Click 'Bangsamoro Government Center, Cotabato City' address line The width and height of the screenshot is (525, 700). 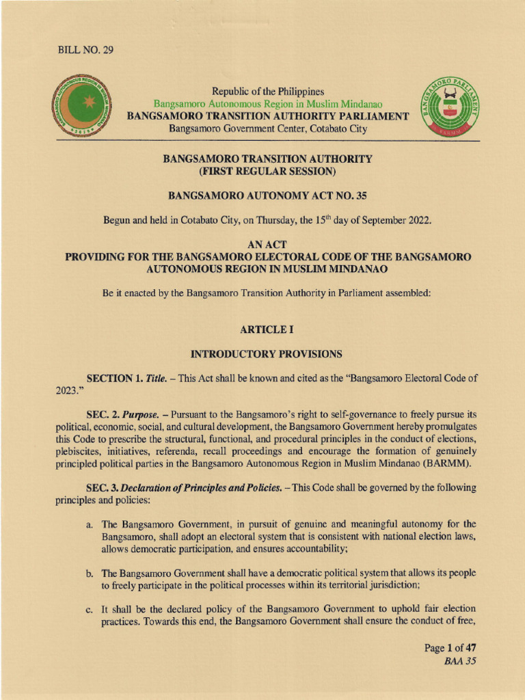[268, 129]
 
